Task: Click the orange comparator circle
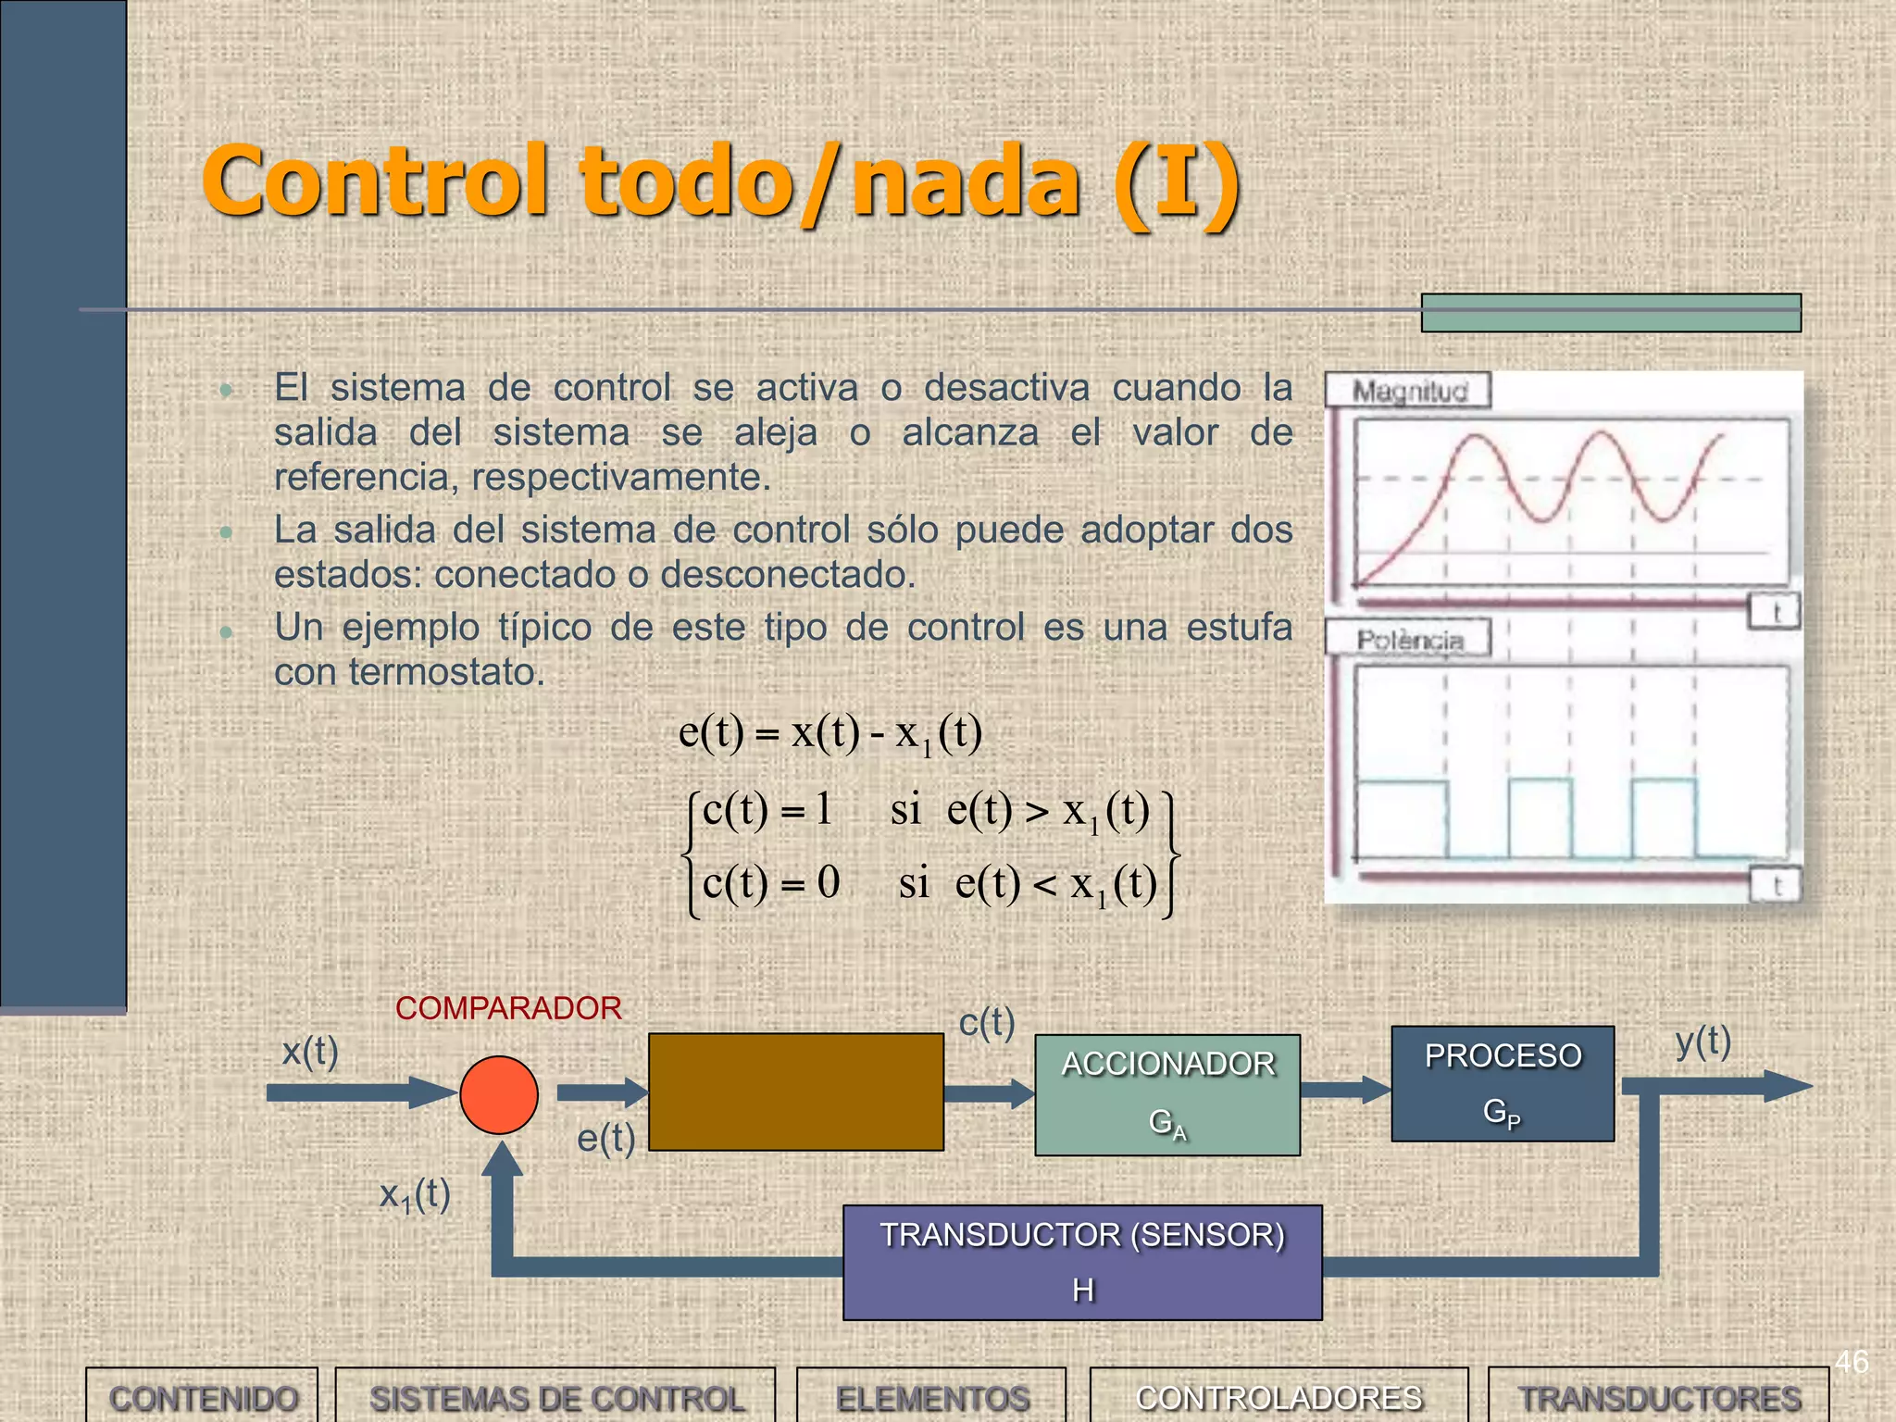pos(499,1094)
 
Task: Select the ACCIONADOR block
pos(1167,1094)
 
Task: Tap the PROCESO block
pos(1503,1083)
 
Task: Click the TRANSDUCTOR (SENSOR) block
pos(1082,1262)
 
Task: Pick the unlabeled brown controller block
pos(796,1091)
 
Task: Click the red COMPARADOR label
pos(508,1008)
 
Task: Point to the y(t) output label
pos(1703,1042)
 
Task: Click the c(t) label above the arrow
pos(987,1023)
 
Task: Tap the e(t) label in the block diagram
pos(606,1138)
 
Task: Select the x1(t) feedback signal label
pos(415,1195)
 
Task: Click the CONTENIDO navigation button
pos(203,1397)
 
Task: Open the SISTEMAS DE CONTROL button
pos(556,1397)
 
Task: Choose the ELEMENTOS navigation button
pos(932,1397)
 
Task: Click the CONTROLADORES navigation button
pos(1279,1397)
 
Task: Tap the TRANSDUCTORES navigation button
pos(1659,1397)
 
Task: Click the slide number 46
pos(1852,1362)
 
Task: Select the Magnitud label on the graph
pos(1410,392)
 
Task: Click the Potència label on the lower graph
pos(1410,640)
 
